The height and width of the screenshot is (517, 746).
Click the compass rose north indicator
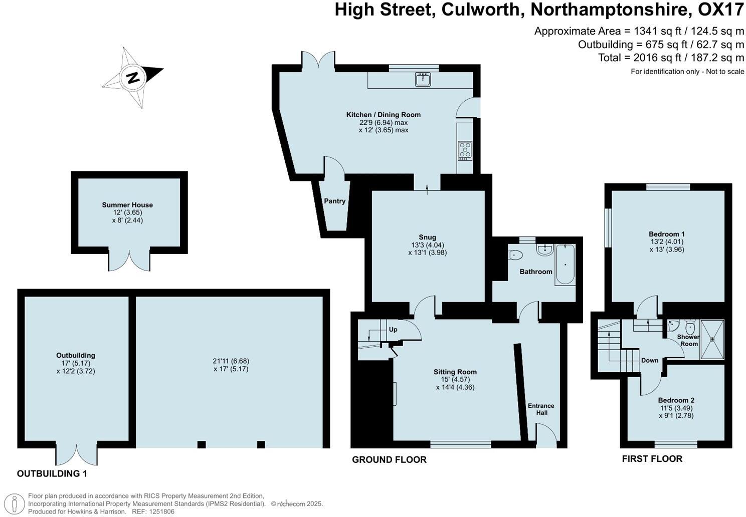coord(133,78)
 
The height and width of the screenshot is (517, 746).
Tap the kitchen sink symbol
coord(423,79)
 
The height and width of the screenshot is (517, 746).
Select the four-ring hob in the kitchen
coord(465,150)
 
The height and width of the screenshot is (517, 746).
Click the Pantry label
coord(334,201)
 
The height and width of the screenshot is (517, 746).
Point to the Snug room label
coord(427,237)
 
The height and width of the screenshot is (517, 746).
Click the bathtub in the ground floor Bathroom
coord(565,264)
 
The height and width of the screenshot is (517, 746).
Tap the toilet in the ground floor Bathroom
coord(515,255)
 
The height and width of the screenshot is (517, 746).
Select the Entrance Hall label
coord(541,409)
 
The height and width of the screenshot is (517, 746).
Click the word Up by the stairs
coord(393,330)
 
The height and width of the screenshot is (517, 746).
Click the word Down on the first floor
coord(650,360)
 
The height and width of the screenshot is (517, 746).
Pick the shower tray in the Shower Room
coord(712,339)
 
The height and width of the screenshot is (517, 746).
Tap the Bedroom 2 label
coord(676,400)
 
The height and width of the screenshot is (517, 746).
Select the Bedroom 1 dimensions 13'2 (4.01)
coord(666,241)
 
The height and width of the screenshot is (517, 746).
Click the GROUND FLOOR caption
coord(389,459)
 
